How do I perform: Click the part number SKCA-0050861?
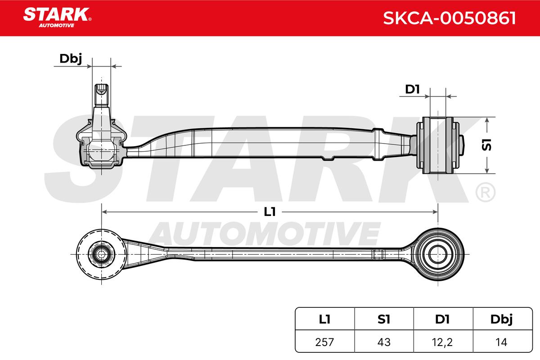[450, 18]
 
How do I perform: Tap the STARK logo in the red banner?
[57, 18]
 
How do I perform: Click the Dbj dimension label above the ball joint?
[71, 59]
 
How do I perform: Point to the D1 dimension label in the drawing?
[413, 90]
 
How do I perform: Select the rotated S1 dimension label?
[487, 145]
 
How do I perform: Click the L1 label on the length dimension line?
[270, 212]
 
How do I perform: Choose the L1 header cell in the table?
[324, 319]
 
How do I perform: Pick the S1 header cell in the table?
[384, 319]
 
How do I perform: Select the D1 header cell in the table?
[443, 319]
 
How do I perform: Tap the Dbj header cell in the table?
[503, 319]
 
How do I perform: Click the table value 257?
[324, 342]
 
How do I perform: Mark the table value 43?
[384, 342]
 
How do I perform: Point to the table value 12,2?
[443, 342]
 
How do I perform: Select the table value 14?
[501, 342]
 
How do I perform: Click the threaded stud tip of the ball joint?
[102, 90]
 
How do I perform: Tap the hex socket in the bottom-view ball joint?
[101, 254]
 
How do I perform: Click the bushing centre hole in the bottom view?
[437, 254]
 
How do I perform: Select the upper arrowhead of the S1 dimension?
[487, 120]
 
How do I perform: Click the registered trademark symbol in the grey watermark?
[485, 192]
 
